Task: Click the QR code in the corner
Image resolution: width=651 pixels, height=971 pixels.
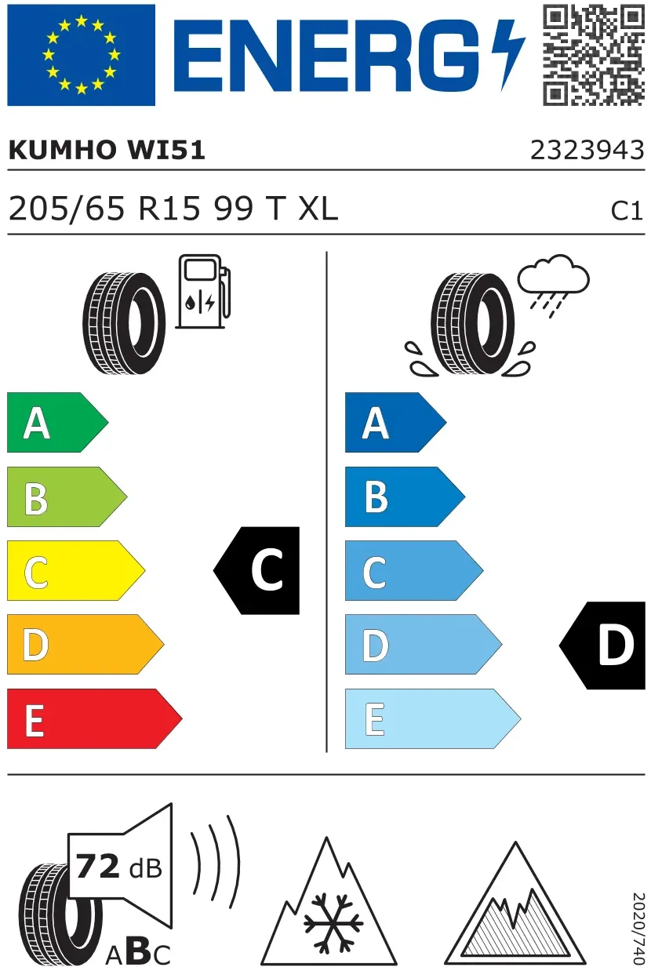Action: click(x=594, y=55)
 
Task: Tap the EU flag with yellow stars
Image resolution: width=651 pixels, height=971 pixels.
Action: click(x=81, y=55)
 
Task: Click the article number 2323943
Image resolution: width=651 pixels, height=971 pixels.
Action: click(x=587, y=151)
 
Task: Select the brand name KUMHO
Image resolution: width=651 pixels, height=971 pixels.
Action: click(x=61, y=150)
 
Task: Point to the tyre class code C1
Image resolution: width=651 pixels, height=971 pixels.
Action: click(x=627, y=211)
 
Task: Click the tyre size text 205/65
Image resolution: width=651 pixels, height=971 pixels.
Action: click(x=67, y=209)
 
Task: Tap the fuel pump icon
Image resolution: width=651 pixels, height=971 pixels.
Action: click(x=203, y=291)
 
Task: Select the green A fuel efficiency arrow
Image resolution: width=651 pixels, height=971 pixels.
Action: click(x=57, y=422)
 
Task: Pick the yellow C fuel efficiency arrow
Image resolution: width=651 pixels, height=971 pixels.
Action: click(x=76, y=570)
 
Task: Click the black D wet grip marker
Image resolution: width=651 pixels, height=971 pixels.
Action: click(x=602, y=645)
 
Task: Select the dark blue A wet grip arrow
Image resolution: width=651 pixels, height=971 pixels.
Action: click(x=396, y=422)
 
